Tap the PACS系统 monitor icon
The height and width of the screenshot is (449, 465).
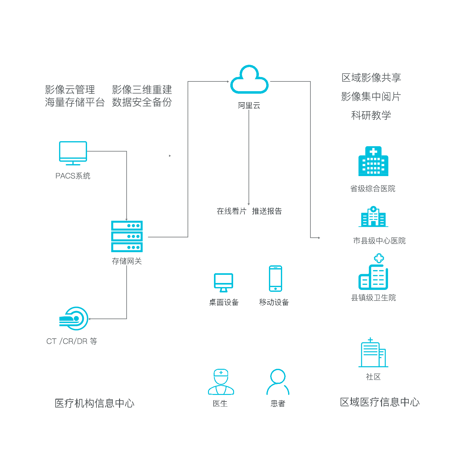[x=73, y=153]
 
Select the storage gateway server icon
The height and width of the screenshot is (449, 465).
[x=127, y=236]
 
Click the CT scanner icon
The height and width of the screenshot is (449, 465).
[x=74, y=319]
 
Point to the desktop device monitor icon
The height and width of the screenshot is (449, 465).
[x=223, y=282]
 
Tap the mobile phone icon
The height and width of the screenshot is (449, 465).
[x=276, y=279]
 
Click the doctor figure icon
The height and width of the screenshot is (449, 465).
[x=221, y=382]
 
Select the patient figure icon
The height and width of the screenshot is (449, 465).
[x=278, y=382]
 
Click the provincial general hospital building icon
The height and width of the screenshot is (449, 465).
[x=373, y=161]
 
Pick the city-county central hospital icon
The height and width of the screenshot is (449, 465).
[x=373, y=217]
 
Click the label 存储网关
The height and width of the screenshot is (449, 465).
[x=127, y=261]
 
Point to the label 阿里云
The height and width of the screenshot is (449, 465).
[x=249, y=106]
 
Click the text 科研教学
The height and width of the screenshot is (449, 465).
[x=371, y=115]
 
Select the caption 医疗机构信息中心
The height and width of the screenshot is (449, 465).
[x=95, y=403]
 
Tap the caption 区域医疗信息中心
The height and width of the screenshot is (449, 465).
[x=380, y=402]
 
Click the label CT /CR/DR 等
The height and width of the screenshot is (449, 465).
[x=72, y=341]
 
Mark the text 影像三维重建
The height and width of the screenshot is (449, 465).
[x=142, y=90]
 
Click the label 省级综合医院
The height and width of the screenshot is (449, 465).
[x=373, y=189]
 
